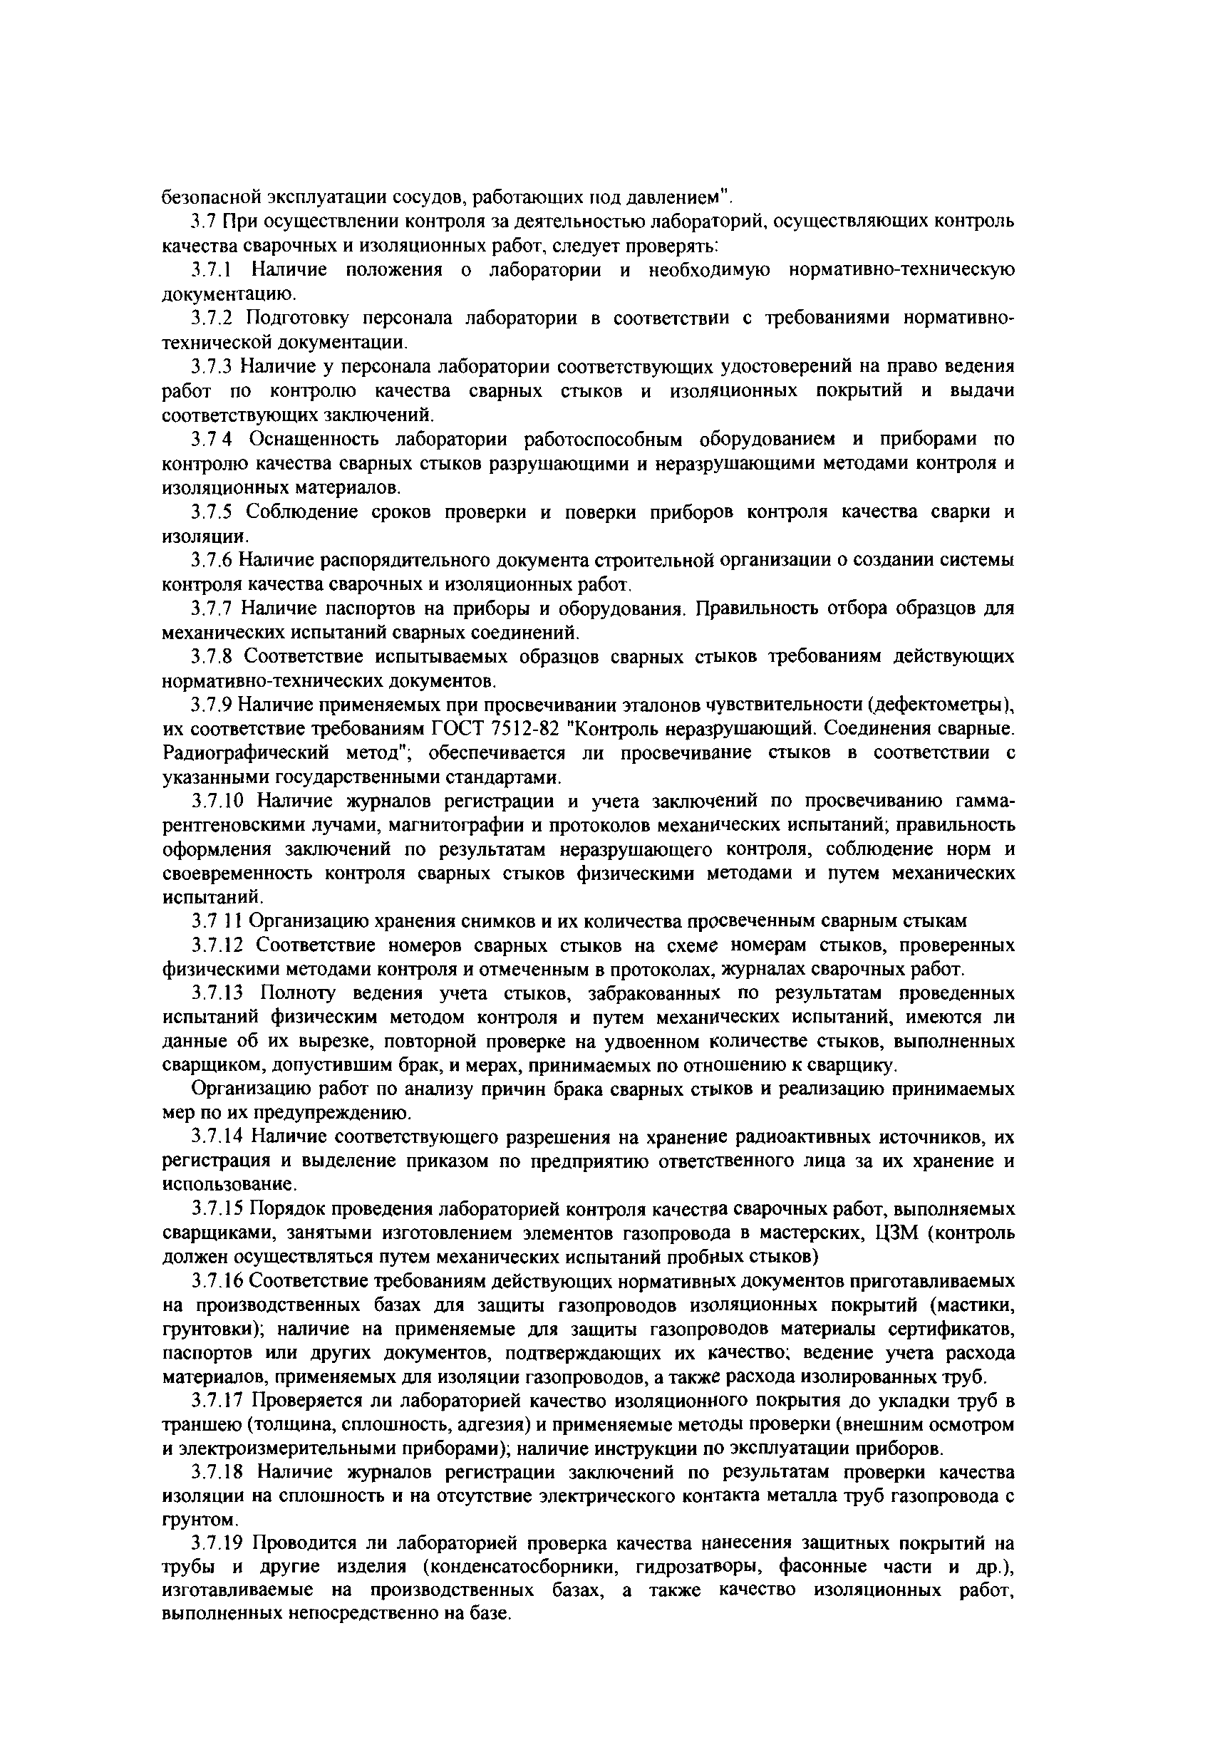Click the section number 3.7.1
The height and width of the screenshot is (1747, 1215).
212,269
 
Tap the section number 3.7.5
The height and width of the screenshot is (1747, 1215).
212,512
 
